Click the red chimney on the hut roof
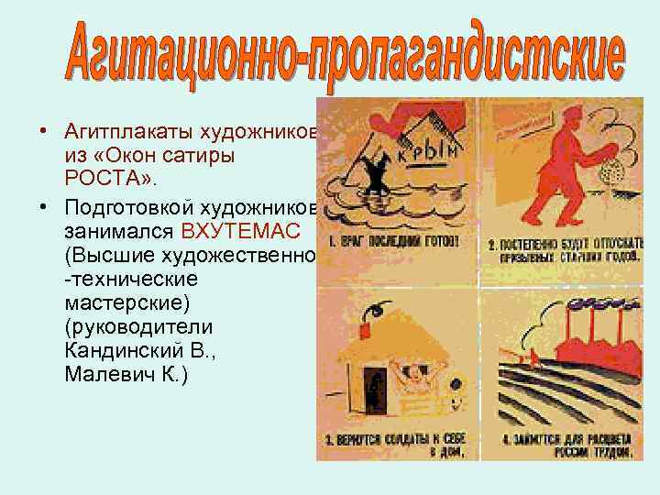pos(368,322)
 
